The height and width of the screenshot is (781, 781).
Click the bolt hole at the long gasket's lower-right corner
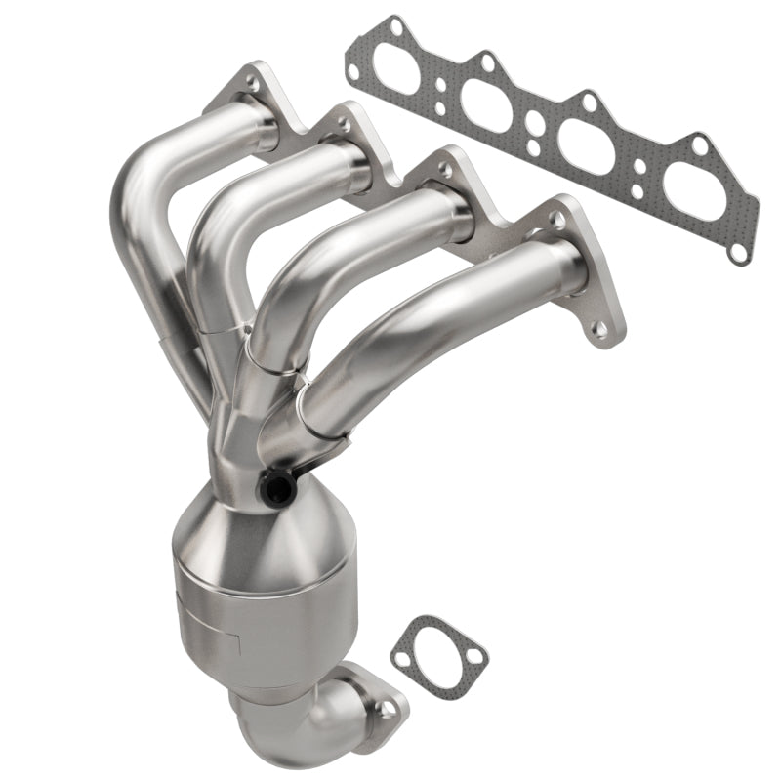click(738, 252)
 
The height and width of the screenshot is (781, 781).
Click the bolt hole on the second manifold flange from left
click(344, 123)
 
